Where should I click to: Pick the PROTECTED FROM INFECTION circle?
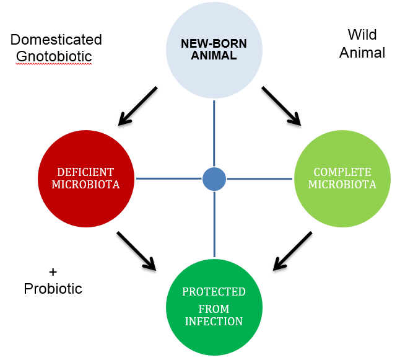coord(214,307)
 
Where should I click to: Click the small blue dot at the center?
coord(214,178)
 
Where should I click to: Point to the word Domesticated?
coord(56,40)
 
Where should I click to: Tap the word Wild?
coord(362,35)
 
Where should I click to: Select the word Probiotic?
coord(53,289)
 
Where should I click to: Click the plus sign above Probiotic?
coord(53,272)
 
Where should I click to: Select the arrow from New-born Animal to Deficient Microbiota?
coord(137,105)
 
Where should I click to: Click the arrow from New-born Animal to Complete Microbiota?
coord(281,105)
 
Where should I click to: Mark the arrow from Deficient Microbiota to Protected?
coord(136,251)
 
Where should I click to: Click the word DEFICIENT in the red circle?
coord(86,172)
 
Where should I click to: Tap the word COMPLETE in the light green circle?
coord(342,172)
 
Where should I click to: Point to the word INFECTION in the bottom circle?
coord(214,322)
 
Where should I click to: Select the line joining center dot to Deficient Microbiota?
coord(169,178)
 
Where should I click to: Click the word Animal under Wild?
coord(362,53)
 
